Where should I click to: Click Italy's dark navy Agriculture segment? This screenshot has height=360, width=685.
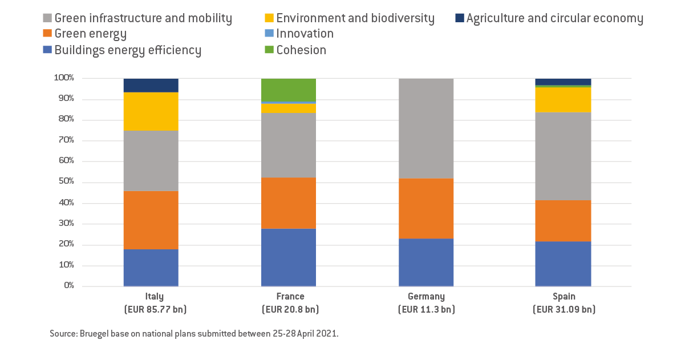coord(151,85)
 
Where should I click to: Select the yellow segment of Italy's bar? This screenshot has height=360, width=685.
coord(151,111)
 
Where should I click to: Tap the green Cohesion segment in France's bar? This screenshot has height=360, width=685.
coord(288,90)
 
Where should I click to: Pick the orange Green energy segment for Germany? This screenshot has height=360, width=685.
coord(426,208)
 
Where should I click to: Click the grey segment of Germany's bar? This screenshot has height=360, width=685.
coord(426,128)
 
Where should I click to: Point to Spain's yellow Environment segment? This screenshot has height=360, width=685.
coord(563,99)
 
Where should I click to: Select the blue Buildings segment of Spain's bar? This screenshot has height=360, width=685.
coord(563,264)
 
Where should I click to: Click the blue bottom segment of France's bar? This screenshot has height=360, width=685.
coord(288,257)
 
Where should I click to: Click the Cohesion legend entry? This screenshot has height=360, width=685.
coord(301,50)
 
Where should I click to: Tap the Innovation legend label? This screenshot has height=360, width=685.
coord(305,34)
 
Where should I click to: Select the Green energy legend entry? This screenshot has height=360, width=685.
coord(91,34)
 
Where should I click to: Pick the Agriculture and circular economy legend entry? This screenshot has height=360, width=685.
coord(554,18)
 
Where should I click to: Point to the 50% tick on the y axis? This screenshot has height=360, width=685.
coord(64,182)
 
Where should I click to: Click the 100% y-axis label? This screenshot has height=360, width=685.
coord(63,78)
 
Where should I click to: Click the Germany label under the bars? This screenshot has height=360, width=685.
coord(426,297)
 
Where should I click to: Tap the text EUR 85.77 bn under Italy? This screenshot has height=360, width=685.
coord(151,310)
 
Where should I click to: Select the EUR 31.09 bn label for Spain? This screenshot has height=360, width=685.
coord(563,310)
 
